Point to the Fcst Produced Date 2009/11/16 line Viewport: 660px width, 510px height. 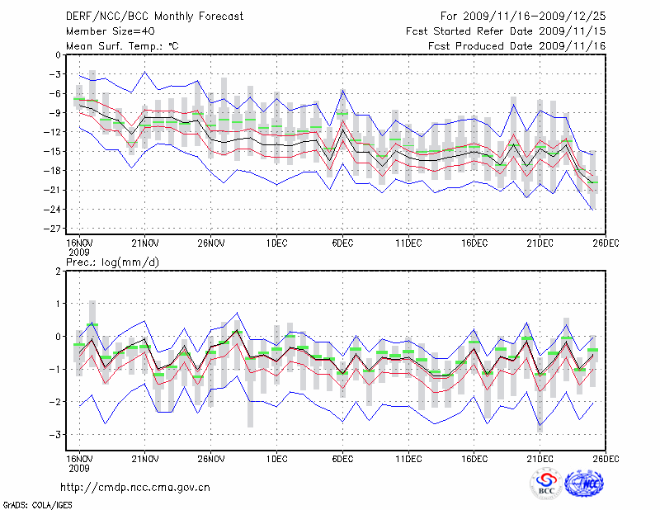(x=518, y=45)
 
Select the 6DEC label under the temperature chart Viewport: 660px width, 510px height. (x=342, y=243)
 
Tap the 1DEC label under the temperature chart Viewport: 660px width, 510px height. (x=276, y=243)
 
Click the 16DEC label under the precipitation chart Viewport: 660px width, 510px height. (x=474, y=458)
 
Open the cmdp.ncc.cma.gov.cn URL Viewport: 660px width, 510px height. (x=135, y=488)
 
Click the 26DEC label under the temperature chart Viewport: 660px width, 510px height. (x=606, y=243)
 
